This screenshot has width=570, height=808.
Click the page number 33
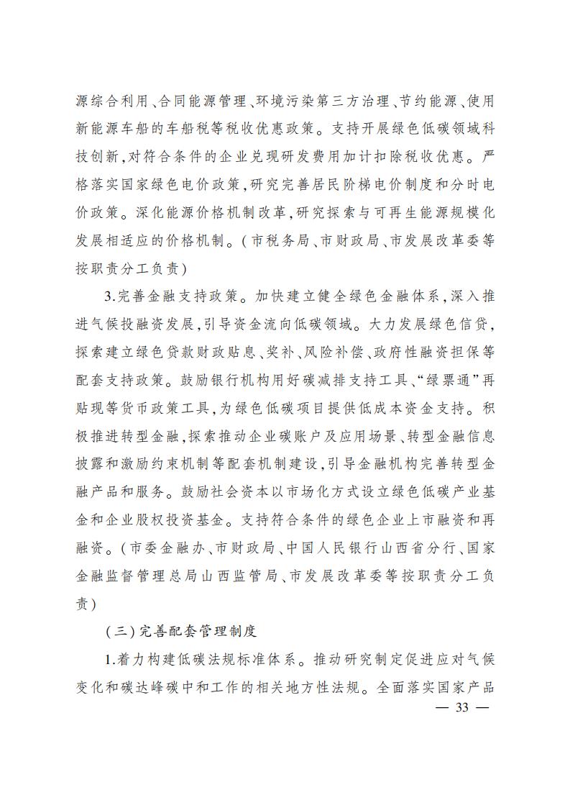pos(461,707)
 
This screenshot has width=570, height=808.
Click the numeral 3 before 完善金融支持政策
pos(109,297)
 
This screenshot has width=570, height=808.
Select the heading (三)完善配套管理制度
pos(180,632)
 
